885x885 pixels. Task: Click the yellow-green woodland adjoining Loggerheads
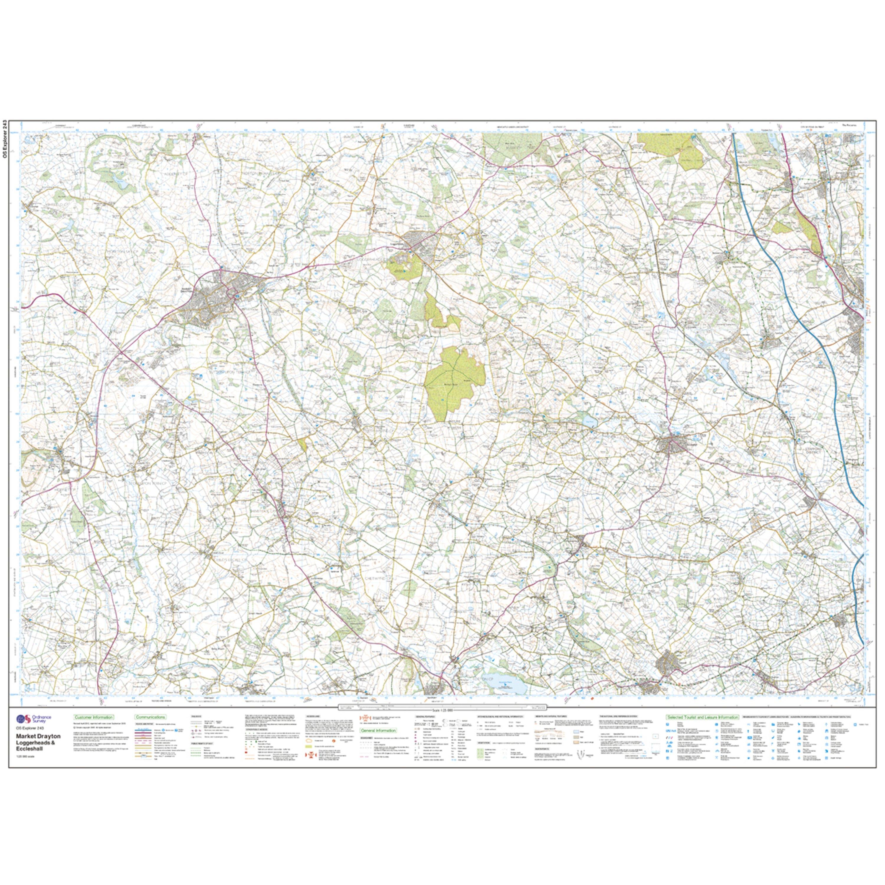(x=403, y=266)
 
